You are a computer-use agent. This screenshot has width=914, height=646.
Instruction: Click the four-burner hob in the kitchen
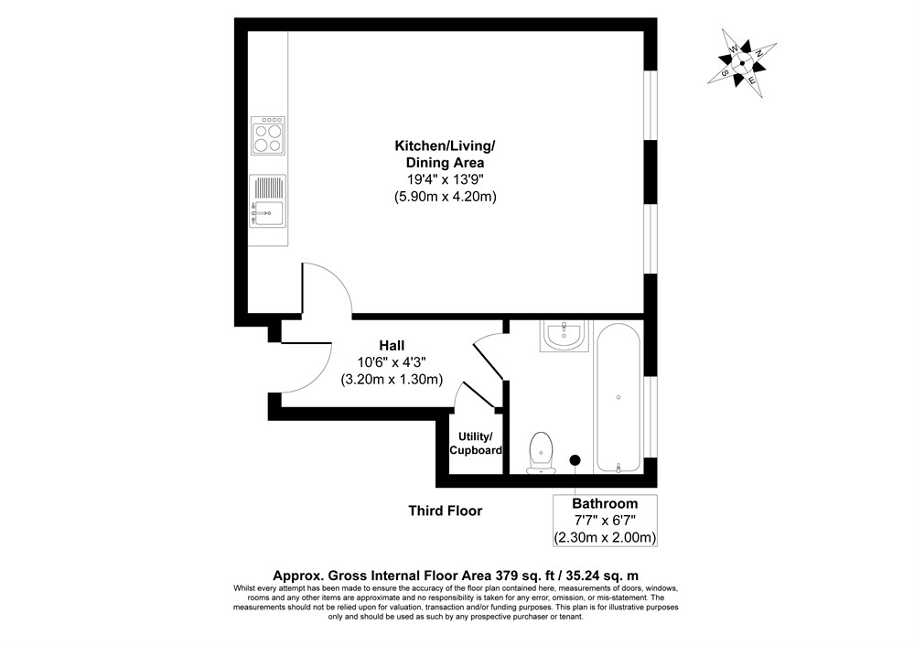[x=268, y=136]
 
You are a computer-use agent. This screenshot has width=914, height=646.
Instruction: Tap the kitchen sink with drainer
[x=268, y=201]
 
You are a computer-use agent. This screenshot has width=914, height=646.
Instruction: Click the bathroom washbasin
[x=565, y=337]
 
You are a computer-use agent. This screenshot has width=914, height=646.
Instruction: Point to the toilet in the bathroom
[x=543, y=454]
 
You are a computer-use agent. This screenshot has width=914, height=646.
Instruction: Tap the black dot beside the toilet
[x=575, y=460]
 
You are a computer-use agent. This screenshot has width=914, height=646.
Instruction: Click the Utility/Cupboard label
[x=476, y=443]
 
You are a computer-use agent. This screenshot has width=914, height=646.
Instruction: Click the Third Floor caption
[x=445, y=511]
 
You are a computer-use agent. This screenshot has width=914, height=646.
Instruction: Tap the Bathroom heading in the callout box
[x=605, y=503]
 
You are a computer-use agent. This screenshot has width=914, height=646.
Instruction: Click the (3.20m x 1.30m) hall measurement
[x=392, y=379]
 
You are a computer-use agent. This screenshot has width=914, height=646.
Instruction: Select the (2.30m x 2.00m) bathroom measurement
[x=605, y=536]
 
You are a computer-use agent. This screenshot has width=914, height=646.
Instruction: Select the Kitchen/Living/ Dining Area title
[x=445, y=154]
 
